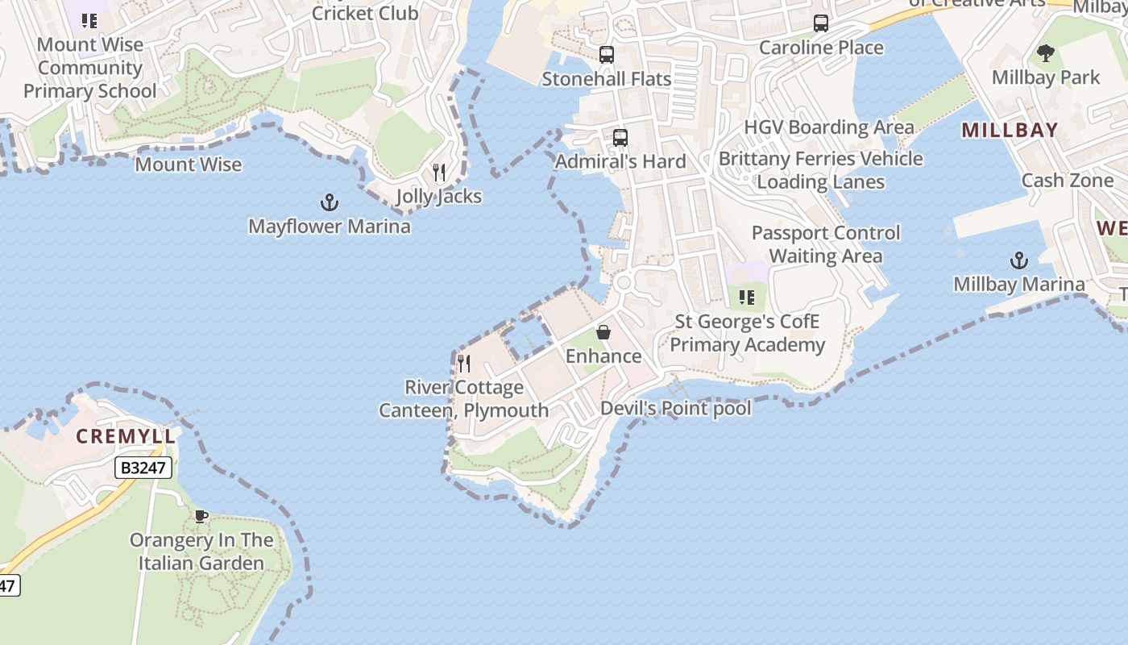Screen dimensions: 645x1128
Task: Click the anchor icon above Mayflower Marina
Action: (330, 202)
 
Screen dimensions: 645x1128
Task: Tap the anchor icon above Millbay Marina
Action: (1019, 260)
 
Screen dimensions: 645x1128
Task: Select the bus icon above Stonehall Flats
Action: (607, 55)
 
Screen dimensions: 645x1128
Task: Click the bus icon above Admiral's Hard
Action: (620, 137)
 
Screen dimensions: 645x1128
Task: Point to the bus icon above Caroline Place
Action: (821, 23)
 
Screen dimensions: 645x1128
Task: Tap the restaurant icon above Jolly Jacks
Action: (439, 173)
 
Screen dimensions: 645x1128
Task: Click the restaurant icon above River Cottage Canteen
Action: (463, 364)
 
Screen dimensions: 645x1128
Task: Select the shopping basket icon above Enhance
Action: (603, 332)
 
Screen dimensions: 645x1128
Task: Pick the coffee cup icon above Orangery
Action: (201, 516)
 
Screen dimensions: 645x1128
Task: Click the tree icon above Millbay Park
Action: (1046, 54)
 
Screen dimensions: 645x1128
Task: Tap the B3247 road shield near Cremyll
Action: (143, 468)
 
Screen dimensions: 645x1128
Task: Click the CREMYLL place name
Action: (125, 437)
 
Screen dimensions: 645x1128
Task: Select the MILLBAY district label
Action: (1010, 130)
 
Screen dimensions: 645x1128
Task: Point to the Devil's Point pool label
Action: (675, 408)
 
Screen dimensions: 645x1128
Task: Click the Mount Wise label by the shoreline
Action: (188, 164)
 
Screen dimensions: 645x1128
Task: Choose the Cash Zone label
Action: (1067, 181)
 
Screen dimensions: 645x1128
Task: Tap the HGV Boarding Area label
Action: (829, 127)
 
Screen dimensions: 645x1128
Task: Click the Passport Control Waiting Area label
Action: (825, 244)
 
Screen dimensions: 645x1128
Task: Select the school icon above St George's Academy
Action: (747, 298)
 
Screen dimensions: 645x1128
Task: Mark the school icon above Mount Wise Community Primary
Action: (89, 21)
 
